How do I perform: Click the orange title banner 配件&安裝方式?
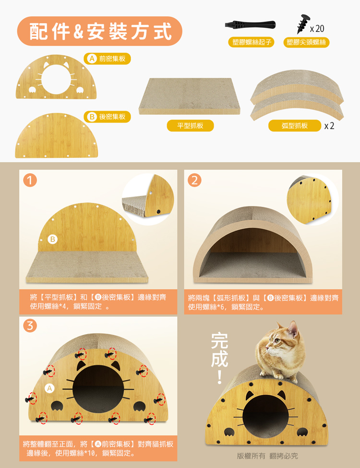(99, 31)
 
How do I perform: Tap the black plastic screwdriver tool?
(250, 24)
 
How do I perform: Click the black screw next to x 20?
(303, 24)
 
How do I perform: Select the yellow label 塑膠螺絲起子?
(252, 42)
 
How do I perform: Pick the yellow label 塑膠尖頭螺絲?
(306, 42)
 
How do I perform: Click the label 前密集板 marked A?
(107, 59)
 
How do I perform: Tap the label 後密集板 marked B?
(107, 117)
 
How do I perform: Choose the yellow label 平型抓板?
(190, 125)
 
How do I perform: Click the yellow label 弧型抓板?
(295, 126)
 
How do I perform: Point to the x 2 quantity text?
(329, 126)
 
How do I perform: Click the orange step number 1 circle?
(30, 180)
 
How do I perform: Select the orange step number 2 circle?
(194, 180)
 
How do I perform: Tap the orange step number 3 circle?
(30, 325)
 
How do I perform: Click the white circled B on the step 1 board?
(52, 239)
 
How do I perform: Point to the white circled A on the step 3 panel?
(49, 388)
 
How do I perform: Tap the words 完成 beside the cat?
(219, 350)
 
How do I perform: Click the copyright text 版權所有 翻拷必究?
(267, 456)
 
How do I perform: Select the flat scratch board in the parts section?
(190, 96)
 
